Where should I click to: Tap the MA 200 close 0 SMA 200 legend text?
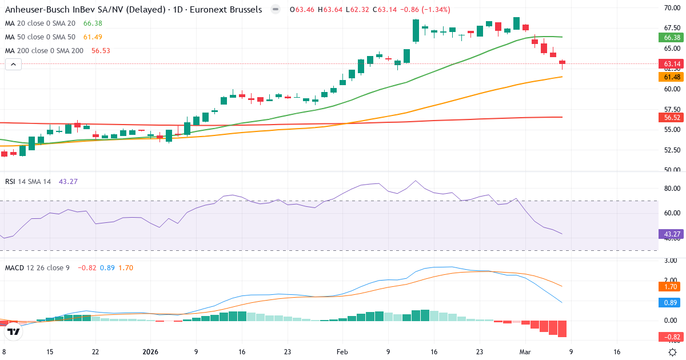(x=44, y=50)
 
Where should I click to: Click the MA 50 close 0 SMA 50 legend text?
(x=40, y=37)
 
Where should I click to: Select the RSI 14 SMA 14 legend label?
(x=28, y=181)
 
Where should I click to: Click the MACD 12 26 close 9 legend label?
(x=37, y=267)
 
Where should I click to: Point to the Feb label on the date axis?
(x=342, y=352)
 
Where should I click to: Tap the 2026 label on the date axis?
(x=150, y=352)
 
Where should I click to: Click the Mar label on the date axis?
(x=525, y=352)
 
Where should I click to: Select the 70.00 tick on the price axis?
(x=672, y=8)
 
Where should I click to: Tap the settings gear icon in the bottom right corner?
(x=673, y=352)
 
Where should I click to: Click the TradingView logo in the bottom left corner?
(x=14, y=331)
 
